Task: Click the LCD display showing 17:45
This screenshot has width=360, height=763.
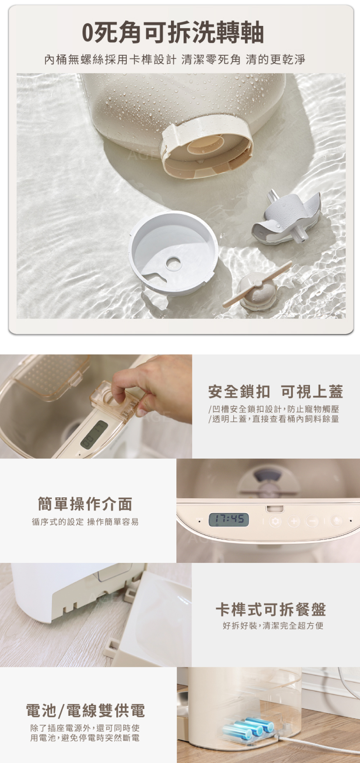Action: (x=229, y=520)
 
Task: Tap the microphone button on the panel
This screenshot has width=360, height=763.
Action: (x=336, y=521)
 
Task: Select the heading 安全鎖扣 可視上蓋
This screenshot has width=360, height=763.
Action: (x=275, y=392)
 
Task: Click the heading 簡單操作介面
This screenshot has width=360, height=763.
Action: (x=85, y=504)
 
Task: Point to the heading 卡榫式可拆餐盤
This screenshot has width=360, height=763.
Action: (x=271, y=609)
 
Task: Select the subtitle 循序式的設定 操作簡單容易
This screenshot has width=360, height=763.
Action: (x=85, y=522)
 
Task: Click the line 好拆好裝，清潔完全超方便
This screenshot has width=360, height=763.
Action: (x=273, y=626)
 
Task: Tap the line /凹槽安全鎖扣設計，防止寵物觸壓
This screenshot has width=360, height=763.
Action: (x=274, y=409)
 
